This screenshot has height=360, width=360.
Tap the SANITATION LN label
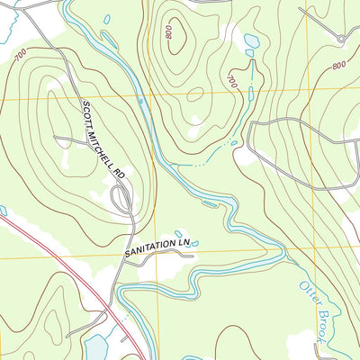click(159, 244)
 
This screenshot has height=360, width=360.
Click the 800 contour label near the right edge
click(338, 66)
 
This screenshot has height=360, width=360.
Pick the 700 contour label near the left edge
click(20, 58)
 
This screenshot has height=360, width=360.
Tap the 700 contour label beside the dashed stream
click(233, 81)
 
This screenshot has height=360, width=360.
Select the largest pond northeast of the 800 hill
click(249, 40)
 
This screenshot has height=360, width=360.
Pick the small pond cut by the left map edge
click(3, 211)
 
